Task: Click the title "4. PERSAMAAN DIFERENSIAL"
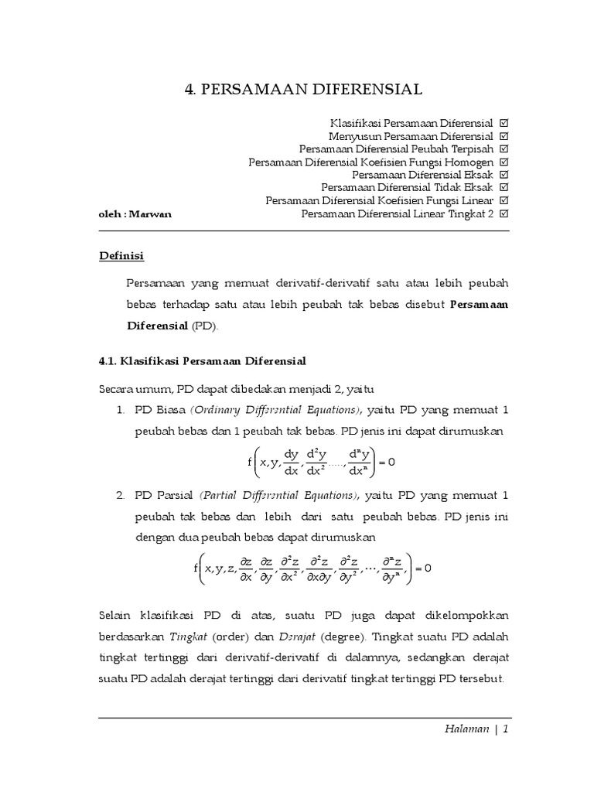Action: tap(303, 90)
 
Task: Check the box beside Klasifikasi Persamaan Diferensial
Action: tap(504, 123)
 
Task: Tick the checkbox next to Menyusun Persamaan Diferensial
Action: tap(504, 136)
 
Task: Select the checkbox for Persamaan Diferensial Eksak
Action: tap(504, 175)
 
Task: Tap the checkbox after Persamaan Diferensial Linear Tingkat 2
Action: tap(504, 213)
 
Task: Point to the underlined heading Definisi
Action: tap(121, 255)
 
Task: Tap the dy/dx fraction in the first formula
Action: tap(292, 462)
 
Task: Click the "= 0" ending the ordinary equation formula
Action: tap(384, 462)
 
